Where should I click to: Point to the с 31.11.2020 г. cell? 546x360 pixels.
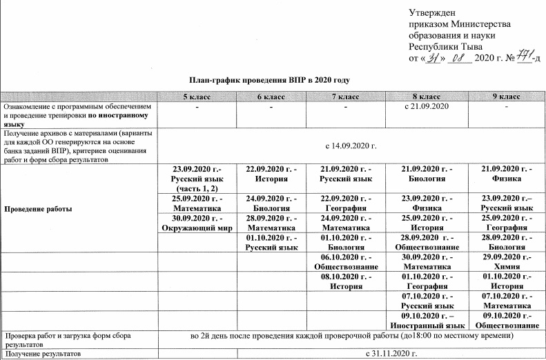[x=390, y=354]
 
